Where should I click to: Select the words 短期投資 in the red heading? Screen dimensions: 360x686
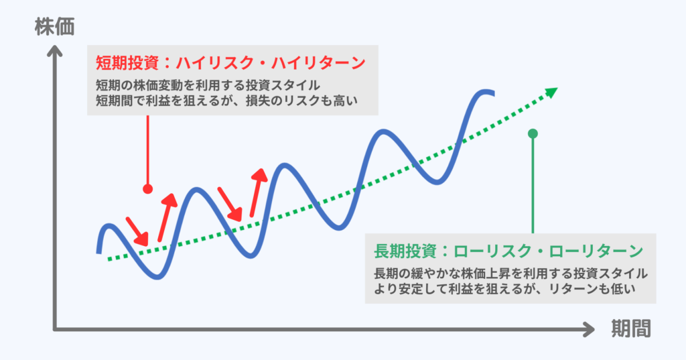(126, 64)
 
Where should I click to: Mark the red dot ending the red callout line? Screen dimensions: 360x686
(147, 188)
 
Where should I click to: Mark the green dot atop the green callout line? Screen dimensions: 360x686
(533, 133)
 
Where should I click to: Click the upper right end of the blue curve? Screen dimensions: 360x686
(492, 93)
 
